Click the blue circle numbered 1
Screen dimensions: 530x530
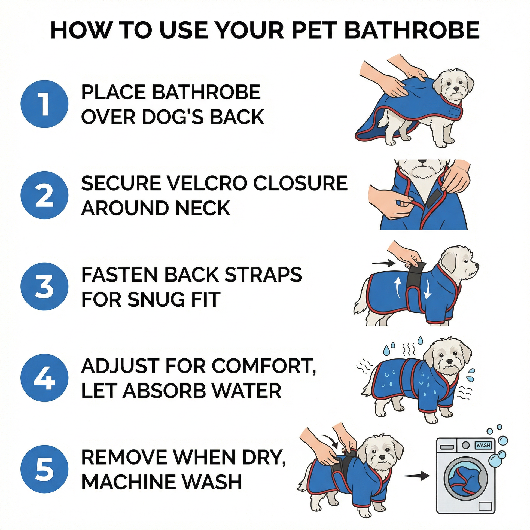pyautogui.click(x=44, y=104)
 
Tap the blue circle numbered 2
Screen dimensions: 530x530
pyautogui.click(x=44, y=195)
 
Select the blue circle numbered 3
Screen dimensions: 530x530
pyautogui.click(x=44, y=287)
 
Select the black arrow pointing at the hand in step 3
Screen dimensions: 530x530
pyautogui.click(x=384, y=263)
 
